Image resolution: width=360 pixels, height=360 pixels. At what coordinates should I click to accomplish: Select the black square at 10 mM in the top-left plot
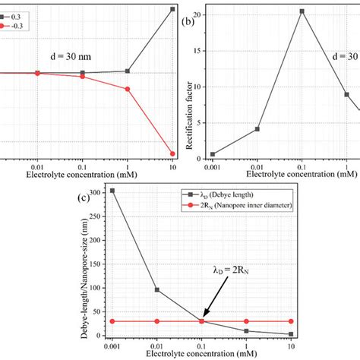tap(172, 9)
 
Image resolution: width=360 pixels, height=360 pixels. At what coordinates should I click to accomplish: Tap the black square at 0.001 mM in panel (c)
tap(112, 191)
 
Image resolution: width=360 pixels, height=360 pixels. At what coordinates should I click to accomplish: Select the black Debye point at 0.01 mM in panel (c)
tap(157, 289)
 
